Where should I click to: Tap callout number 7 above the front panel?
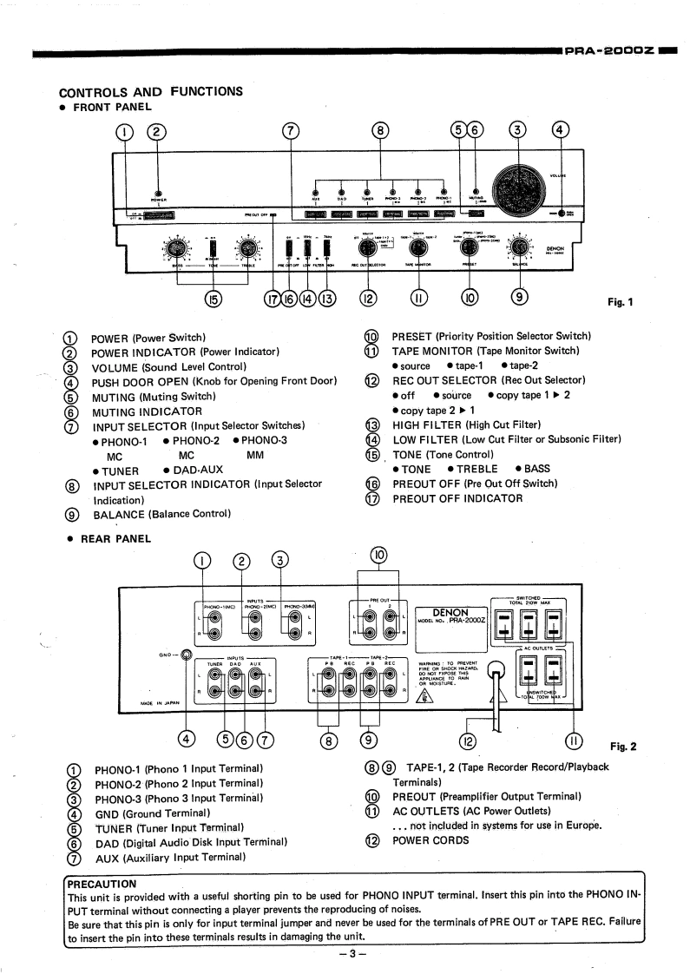tap(292, 131)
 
